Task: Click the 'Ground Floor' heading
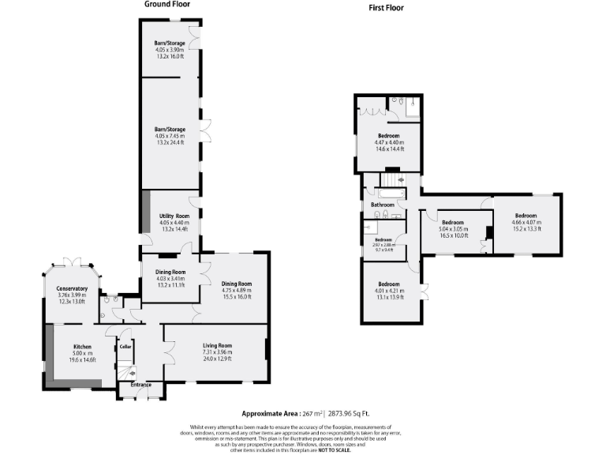click(x=166, y=4)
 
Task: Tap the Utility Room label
click(x=174, y=216)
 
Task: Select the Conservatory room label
click(x=72, y=288)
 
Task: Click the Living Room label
click(x=217, y=345)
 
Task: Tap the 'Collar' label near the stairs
click(x=125, y=346)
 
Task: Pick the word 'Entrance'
click(x=140, y=385)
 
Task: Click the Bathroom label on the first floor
click(x=383, y=205)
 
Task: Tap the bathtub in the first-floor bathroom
click(x=391, y=192)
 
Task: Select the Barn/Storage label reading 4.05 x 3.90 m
click(x=170, y=43)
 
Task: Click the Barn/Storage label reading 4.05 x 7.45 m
click(x=170, y=129)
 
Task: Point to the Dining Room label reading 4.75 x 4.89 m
click(x=236, y=284)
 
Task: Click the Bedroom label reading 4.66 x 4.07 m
click(x=526, y=216)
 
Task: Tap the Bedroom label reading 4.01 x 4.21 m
click(x=390, y=284)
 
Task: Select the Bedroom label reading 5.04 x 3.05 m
click(x=452, y=222)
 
